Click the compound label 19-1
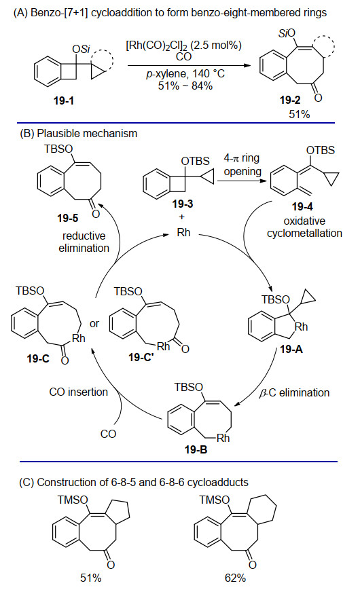64,100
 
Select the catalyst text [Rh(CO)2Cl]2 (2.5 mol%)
184,46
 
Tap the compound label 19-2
290,100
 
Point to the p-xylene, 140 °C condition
185,73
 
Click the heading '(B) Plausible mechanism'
78,133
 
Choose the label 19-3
183,204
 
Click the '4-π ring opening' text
242,165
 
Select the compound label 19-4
302,207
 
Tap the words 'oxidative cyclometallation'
304,227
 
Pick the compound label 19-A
291,350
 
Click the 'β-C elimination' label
294,392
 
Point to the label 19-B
196,449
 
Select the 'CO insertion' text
78,392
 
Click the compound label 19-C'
141,357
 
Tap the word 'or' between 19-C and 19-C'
94,324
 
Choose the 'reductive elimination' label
84,242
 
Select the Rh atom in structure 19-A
302,327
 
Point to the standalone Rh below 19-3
183,232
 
